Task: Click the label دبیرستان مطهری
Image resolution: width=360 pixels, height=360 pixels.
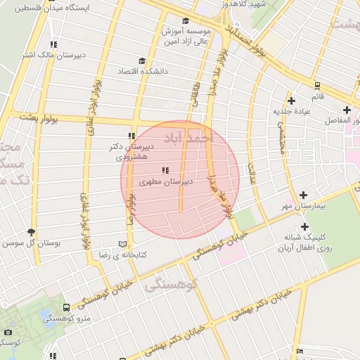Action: [168, 182]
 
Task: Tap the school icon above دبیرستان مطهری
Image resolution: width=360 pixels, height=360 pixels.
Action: [165, 170]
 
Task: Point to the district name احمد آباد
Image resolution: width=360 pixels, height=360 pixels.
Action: [186, 136]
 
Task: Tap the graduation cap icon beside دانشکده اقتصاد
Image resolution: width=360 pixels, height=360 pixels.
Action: [143, 61]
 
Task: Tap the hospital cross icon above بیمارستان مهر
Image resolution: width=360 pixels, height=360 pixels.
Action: [303, 195]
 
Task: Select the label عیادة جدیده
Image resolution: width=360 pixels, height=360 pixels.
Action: [292, 111]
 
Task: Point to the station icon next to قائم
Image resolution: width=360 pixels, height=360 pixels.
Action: [319, 86]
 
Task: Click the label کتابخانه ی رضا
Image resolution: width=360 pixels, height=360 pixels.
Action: [143, 255]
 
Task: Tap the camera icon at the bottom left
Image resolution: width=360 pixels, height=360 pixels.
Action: [8, 332]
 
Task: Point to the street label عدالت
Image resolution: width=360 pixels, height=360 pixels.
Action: [251, 173]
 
